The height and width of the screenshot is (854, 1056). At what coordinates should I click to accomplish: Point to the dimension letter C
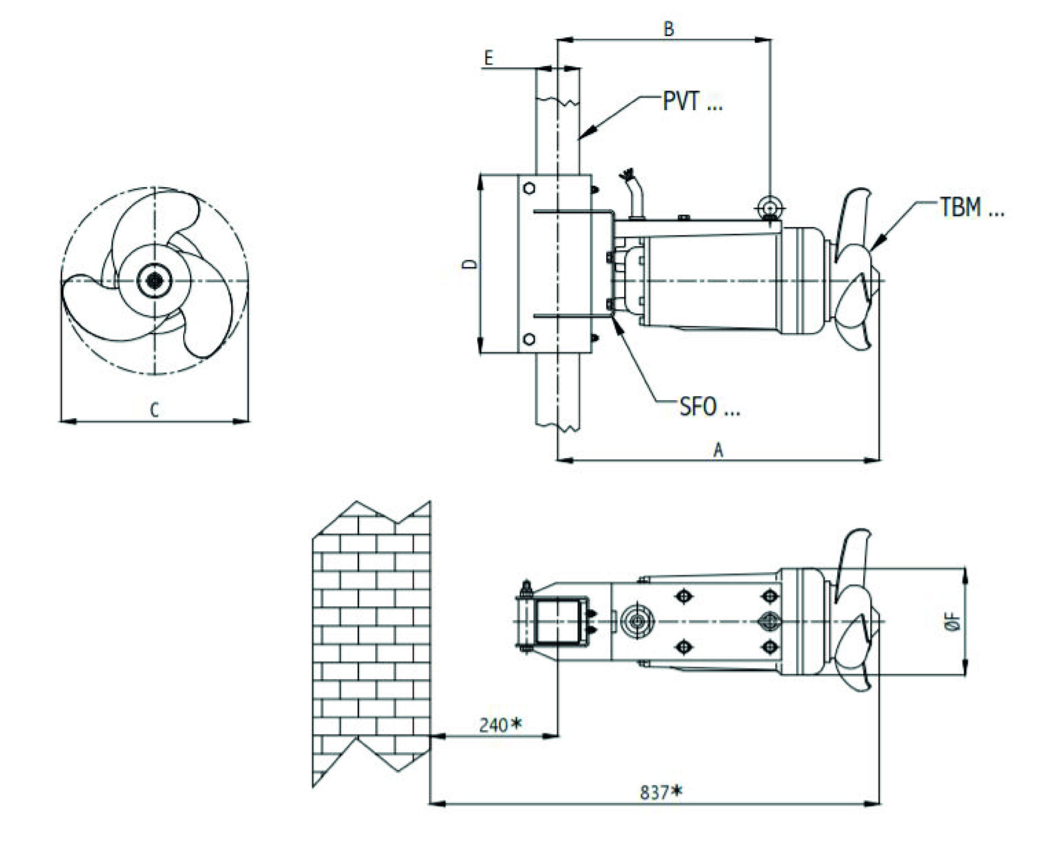coord(155,410)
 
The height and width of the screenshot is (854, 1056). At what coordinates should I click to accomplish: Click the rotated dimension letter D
coord(470,264)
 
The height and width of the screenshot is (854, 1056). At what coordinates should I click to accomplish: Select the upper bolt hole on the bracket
coord(529,188)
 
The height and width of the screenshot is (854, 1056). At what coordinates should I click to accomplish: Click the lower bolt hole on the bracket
coord(529,339)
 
